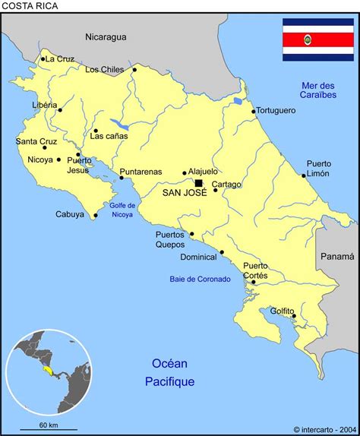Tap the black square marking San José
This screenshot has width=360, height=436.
coord(199,183)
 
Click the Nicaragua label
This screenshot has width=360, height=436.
coord(106,36)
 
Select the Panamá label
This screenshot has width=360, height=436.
coord(336,257)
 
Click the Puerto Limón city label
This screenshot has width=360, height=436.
coord(318,169)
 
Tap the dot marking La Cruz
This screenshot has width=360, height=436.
coord(43,59)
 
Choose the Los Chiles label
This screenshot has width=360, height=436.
coord(104,70)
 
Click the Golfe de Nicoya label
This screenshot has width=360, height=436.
coord(121,210)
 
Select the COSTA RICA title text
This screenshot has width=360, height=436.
coord(29,6)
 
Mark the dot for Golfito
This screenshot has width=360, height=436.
coord(293,315)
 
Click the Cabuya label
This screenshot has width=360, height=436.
coord(70,215)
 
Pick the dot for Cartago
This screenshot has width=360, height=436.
coord(215,190)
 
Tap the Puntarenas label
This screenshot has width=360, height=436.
coord(141,172)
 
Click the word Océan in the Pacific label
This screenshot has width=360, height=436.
coord(169,364)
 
